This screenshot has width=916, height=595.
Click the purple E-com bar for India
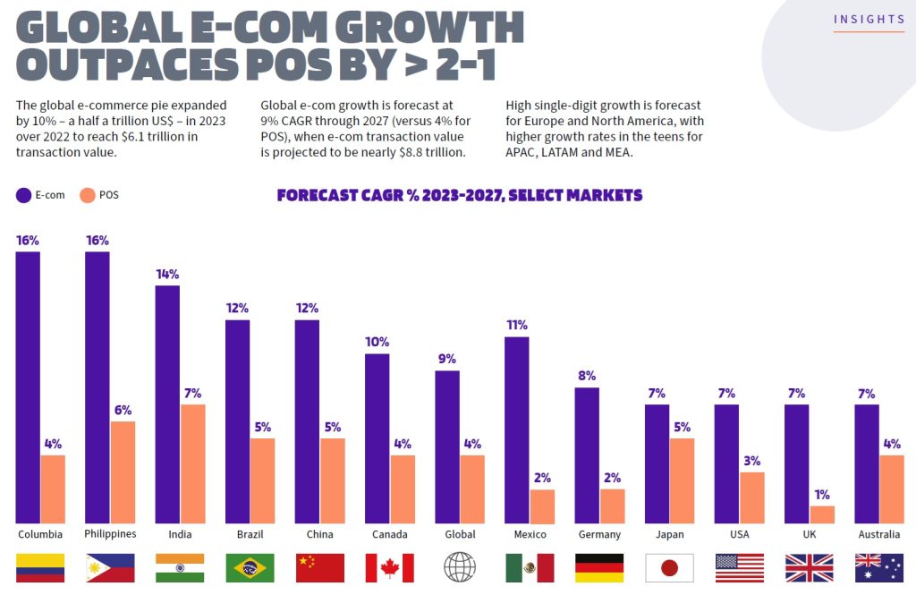coord(167,404)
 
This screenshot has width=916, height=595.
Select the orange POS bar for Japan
coord(682,480)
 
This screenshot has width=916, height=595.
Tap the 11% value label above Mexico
coord(516,325)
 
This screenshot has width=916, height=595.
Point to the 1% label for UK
coord(821,494)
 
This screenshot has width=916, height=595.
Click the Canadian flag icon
coord(389,567)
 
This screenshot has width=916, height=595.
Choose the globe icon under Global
coord(459,567)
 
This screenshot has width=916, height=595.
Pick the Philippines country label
coord(109,534)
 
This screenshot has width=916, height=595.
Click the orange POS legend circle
coord(88,195)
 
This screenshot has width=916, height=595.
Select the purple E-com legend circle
coord(23,195)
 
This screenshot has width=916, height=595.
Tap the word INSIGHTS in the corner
coord(869,20)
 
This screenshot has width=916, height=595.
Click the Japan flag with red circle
coord(669,567)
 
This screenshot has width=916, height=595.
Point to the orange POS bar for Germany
coord(612,506)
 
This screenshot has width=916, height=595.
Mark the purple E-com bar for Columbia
coord(28,387)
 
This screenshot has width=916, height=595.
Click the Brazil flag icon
coord(250,567)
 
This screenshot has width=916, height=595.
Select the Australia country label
coord(878,534)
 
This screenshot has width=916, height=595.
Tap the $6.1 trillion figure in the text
coord(163,137)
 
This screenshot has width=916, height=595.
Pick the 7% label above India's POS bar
coord(192,393)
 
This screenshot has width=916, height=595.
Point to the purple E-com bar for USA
coord(726,463)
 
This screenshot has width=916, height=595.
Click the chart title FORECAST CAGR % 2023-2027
coord(459,195)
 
